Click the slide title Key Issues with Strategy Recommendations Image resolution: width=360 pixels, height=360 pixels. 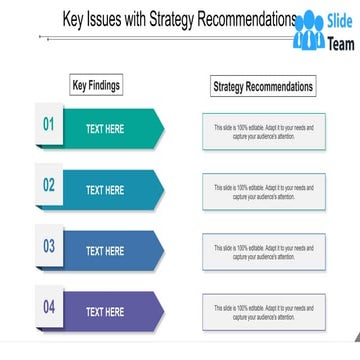coord(180,19)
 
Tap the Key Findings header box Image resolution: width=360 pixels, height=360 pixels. coord(96,86)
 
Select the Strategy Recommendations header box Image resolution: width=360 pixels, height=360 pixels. coord(263,87)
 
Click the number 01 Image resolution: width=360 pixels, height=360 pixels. coord(48,125)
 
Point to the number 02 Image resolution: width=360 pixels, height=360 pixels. coord(48,185)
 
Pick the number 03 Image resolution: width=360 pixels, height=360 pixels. coord(48,246)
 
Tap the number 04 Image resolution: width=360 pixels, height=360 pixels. coord(48,307)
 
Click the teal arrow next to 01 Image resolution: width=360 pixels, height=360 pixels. coord(112,129)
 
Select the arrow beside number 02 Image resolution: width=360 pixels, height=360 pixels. coord(112,190)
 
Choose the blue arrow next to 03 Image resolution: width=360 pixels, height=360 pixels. coord(112,251)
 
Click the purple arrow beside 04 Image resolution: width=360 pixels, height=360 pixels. coord(112,312)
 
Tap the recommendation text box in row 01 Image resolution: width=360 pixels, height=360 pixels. coord(263,131)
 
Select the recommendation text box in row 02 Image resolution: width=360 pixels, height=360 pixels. coord(263,191)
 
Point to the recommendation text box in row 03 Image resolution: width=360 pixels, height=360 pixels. coord(263,252)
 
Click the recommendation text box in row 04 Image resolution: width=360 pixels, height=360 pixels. coord(263,312)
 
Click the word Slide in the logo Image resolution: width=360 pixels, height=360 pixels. coord(341,21)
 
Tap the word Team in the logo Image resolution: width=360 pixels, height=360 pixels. coord(341,44)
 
